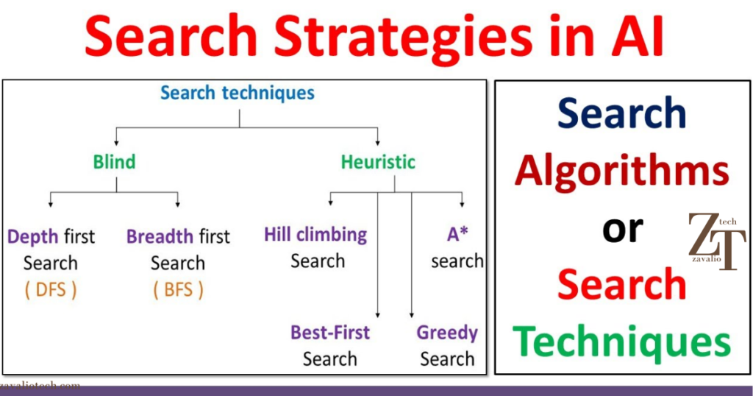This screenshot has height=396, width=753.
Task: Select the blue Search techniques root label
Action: [x=238, y=93]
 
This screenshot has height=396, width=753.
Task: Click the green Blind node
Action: [x=115, y=161]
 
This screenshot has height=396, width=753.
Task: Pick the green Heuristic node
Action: [x=378, y=161]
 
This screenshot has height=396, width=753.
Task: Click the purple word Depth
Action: [x=33, y=237]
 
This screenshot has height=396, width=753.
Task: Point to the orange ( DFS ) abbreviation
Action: [x=51, y=290]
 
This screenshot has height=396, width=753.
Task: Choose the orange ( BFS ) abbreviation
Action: [x=177, y=290]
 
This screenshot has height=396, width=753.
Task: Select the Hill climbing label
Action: [x=315, y=235]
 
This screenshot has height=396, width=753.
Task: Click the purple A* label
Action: [x=457, y=235]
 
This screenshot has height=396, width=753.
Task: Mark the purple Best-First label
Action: [x=330, y=333]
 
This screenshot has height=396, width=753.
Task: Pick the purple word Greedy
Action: [x=447, y=333]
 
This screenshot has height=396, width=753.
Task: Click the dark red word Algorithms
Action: [x=622, y=172]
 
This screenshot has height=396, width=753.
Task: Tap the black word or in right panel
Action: [x=622, y=229]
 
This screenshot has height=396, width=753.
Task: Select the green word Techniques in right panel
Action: [x=622, y=342]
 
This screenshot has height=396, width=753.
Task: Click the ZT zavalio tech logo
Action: [x=715, y=241]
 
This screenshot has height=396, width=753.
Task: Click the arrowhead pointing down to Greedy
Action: [x=411, y=314]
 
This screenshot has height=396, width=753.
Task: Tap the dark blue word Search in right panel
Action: [x=622, y=114]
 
